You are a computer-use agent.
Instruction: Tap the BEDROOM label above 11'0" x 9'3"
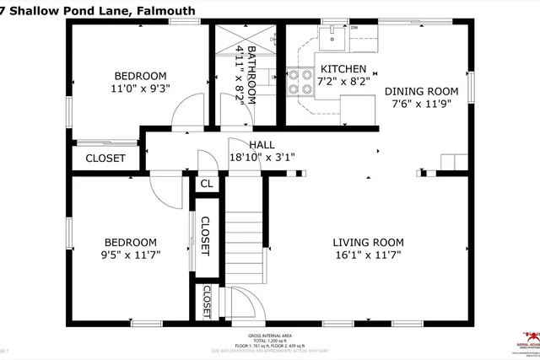point(139,75)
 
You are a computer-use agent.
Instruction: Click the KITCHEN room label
point(342,69)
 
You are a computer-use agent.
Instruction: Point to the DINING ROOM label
point(421,91)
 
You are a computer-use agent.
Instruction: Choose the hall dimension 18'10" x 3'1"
point(262,157)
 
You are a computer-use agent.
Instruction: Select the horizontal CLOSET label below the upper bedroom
point(105,157)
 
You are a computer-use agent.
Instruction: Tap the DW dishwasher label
point(354,28)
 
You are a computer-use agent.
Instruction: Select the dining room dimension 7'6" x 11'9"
point(421,104)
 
